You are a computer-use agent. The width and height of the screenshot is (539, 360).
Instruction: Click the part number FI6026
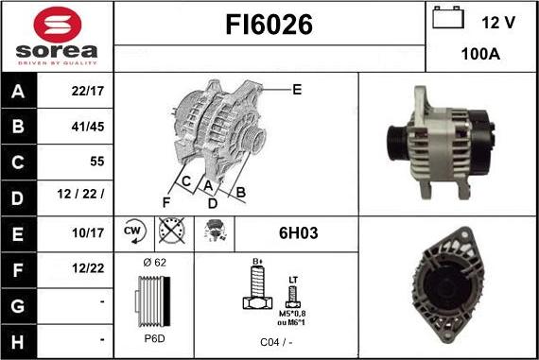[269, 26]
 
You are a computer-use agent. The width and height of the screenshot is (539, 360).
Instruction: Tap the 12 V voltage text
[498, 23]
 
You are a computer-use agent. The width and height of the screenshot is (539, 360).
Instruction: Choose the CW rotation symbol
[132, 231]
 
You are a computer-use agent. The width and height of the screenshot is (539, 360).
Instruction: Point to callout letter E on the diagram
[296, 90]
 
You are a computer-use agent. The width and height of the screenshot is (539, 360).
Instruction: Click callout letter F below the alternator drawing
[166, 201]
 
